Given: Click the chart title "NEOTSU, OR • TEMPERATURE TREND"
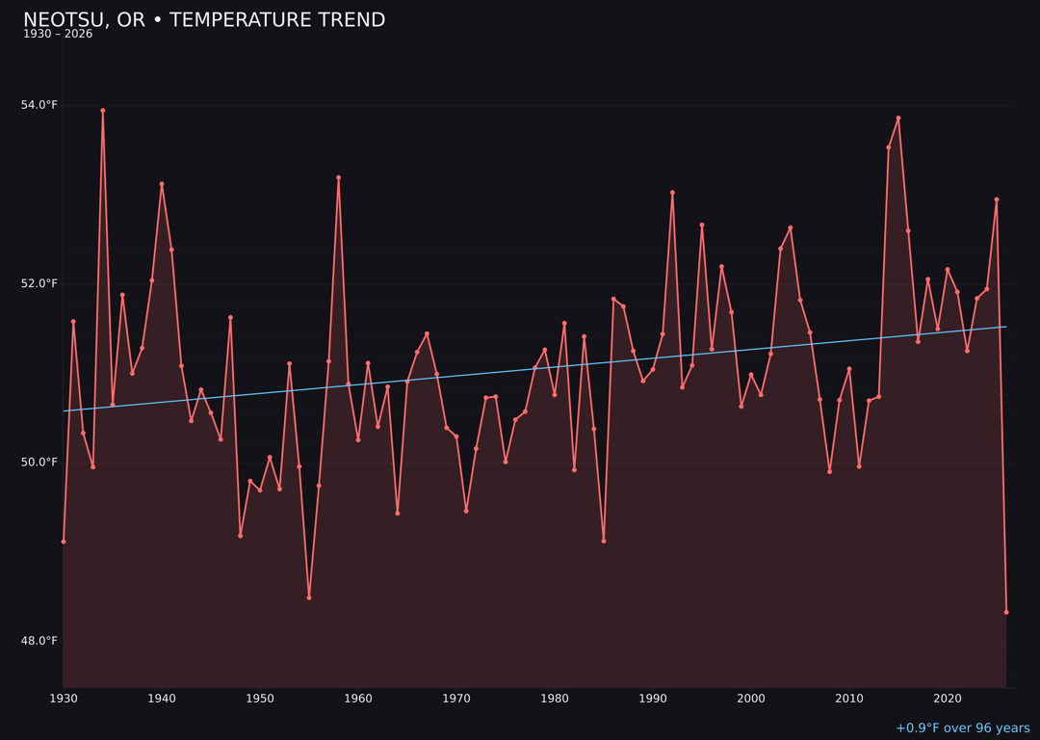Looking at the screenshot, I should pos(204,20).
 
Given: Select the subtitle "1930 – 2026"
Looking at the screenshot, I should pos(58,35).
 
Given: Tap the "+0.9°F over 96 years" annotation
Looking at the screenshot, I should pos(962,728).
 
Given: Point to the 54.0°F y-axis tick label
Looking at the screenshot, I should pos(39,105).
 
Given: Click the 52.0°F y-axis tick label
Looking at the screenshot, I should pos(39,283).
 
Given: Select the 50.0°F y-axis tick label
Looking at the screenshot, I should pos(39,462).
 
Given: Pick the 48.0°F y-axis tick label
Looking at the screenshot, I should pos(39,641).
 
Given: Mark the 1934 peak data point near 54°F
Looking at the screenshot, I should pos(103,110).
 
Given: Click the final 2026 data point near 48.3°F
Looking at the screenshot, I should pos(1006,612).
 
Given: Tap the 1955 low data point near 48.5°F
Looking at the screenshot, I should pos(309,597).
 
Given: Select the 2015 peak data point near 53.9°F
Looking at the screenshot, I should pos(898,118).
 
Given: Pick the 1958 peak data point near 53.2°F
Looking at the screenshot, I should pos(339,177).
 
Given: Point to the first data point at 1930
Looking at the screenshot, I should pos(64,542).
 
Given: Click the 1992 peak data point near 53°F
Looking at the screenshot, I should pos(672,193).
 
